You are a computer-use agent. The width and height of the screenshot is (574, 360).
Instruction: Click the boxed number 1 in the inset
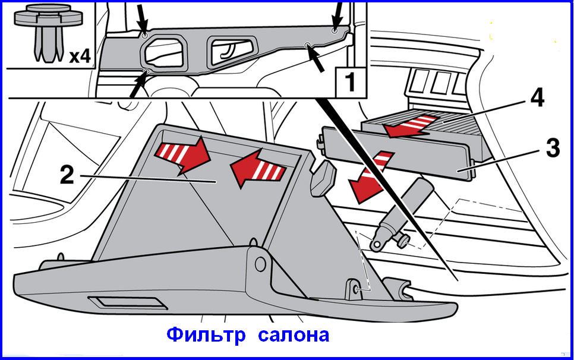pyautogui.click(x=351, y=81)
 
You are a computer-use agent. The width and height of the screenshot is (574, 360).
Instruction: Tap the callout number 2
pyautogui.click(x=67, y=175)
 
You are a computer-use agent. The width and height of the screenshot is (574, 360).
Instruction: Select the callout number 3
pyautogui.click(x=553, y=148)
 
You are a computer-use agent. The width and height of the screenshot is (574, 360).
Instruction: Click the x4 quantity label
pyautogui.click(x=80, y=56)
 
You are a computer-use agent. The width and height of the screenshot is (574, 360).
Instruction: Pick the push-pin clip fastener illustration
pyautogui.click(x=48, y=32)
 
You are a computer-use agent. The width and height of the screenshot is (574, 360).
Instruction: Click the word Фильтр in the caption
pyautogui.click(x=206, y=334)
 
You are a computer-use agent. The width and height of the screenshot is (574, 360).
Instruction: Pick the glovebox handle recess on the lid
pyautogui.click(x=127, y=302)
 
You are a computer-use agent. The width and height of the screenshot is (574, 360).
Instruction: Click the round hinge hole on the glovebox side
pyautogui.click(x=260, y=264)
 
